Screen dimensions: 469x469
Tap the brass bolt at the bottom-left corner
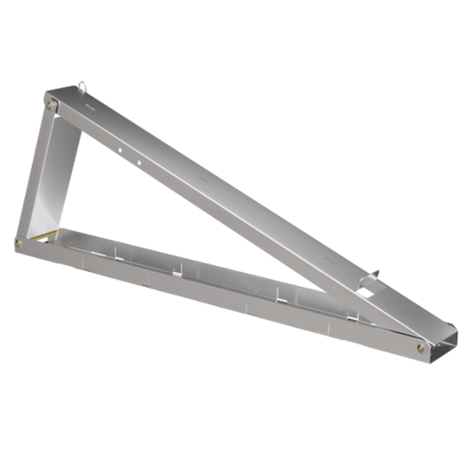coord(18,243)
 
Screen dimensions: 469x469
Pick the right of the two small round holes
coord(138,163)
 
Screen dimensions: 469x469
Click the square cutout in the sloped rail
coord(366,291)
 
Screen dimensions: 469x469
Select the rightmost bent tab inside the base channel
coord(356,315)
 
